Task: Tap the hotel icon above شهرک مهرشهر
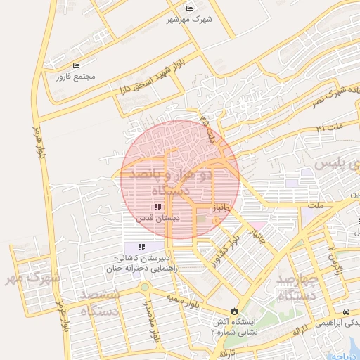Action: [x=189, y=8]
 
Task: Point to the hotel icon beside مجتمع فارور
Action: [x=76, y=66]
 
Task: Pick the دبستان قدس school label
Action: [x=158, y=219]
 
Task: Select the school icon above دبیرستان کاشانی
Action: [x=141, y=247]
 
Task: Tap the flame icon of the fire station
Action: [x=234, y=311]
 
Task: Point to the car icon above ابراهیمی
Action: [x=345, y=311]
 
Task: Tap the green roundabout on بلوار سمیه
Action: [x=145, y=287]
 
